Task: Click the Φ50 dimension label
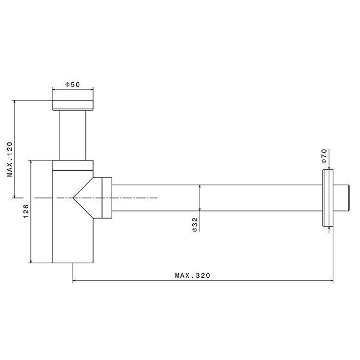[x=73, y=85]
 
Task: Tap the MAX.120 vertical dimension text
[x=10, y=159]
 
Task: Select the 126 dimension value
[x=26, y=211]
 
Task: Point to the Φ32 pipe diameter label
[x=195, y=225]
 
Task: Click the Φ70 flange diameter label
[x=324, y=156]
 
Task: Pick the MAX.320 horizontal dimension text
[x=193, y=275]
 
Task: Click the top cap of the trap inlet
[x=73, y=105]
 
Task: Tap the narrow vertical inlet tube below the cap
[x=73, y=135]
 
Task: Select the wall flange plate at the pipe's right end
[x=328, y=198]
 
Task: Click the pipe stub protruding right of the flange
[x=341, y=198]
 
